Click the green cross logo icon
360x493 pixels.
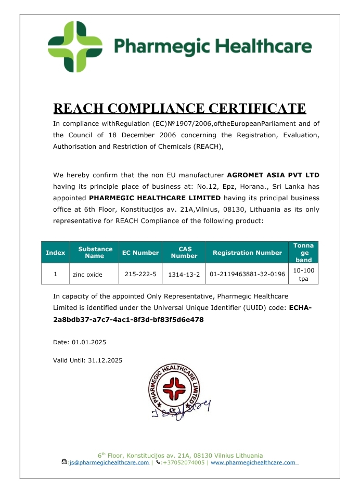pos(74,47)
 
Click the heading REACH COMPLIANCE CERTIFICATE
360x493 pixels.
pos(179,108)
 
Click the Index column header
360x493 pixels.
pos(56,253)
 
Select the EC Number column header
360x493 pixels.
pos(140,253)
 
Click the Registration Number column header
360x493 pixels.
pos(247,253)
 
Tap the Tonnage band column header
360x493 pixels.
pos(303,252)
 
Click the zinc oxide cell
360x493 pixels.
pos(87,274)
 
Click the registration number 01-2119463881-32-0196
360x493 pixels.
pos(247,274)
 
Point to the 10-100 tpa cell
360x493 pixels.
pos(303,274)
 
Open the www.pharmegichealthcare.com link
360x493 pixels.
pos(253,462)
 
